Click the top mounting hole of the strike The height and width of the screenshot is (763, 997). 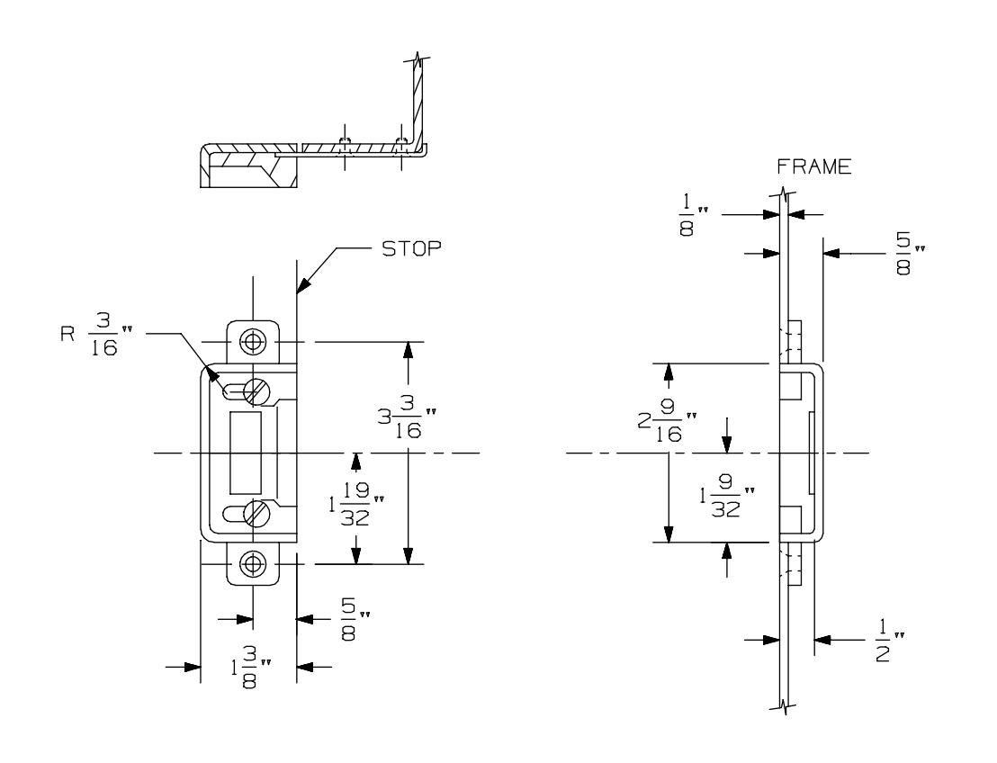[x=255, y=342]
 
